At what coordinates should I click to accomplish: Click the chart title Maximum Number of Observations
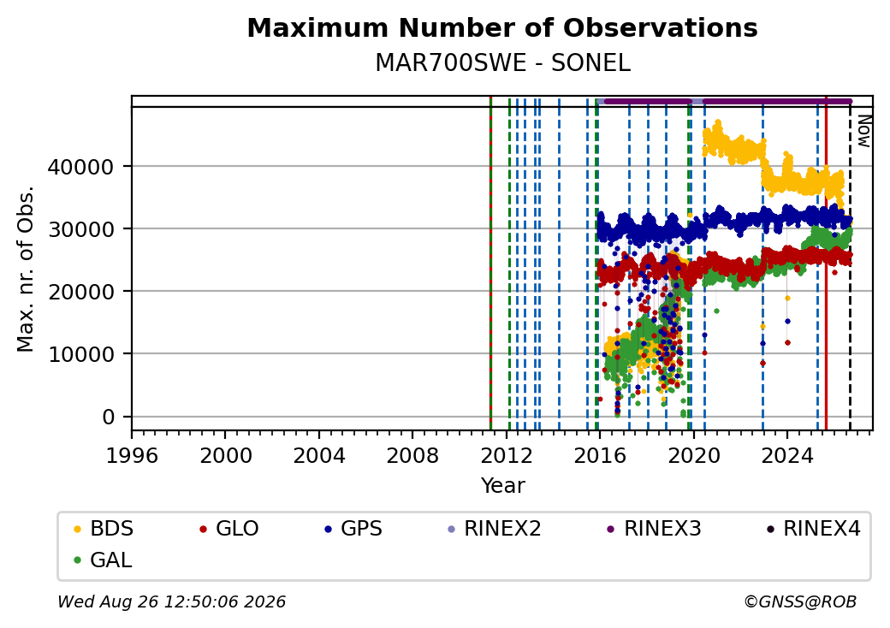coord(502,27)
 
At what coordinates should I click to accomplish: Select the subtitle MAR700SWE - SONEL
coord(502,63)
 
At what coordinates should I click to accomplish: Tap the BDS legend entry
coord(104,529)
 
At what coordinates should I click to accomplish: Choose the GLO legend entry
coord(228,529)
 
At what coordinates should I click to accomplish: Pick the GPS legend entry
coord(353,529)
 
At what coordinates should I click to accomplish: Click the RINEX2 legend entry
coord(494,529)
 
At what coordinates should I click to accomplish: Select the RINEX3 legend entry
coord(654,529)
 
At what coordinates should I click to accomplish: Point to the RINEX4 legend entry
coord(813,529)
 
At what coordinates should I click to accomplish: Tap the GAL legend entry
coord(103,560)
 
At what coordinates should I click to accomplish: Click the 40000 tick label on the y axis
coord(80,167)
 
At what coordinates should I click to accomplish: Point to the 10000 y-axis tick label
coord(80,354)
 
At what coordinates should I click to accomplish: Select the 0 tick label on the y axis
coord(109,417)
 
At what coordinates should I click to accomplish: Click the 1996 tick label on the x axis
coord(132,455)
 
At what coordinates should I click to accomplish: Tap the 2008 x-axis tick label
coord(412,455)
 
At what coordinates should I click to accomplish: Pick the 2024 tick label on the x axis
coord(786,455)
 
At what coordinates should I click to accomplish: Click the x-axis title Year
coord(502,486)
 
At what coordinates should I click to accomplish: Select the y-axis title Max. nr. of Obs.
coord(26,269)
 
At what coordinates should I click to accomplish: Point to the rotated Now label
coord(864,131)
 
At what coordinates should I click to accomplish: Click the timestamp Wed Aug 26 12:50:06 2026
coord(171,601)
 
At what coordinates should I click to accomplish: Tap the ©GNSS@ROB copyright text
coord(800,601)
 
